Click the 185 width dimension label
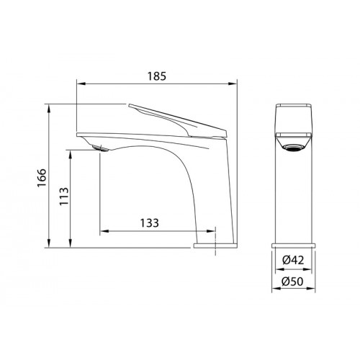point(156,76)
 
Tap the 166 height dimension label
point(42,178)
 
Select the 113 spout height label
point(64,196)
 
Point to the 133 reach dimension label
point(150,222)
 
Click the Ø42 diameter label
point(293,260)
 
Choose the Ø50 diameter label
point(293,282)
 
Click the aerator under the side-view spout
point(100,148)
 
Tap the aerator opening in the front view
point(293,148)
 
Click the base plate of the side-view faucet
point(215,246)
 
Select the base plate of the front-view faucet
point(293,246)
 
